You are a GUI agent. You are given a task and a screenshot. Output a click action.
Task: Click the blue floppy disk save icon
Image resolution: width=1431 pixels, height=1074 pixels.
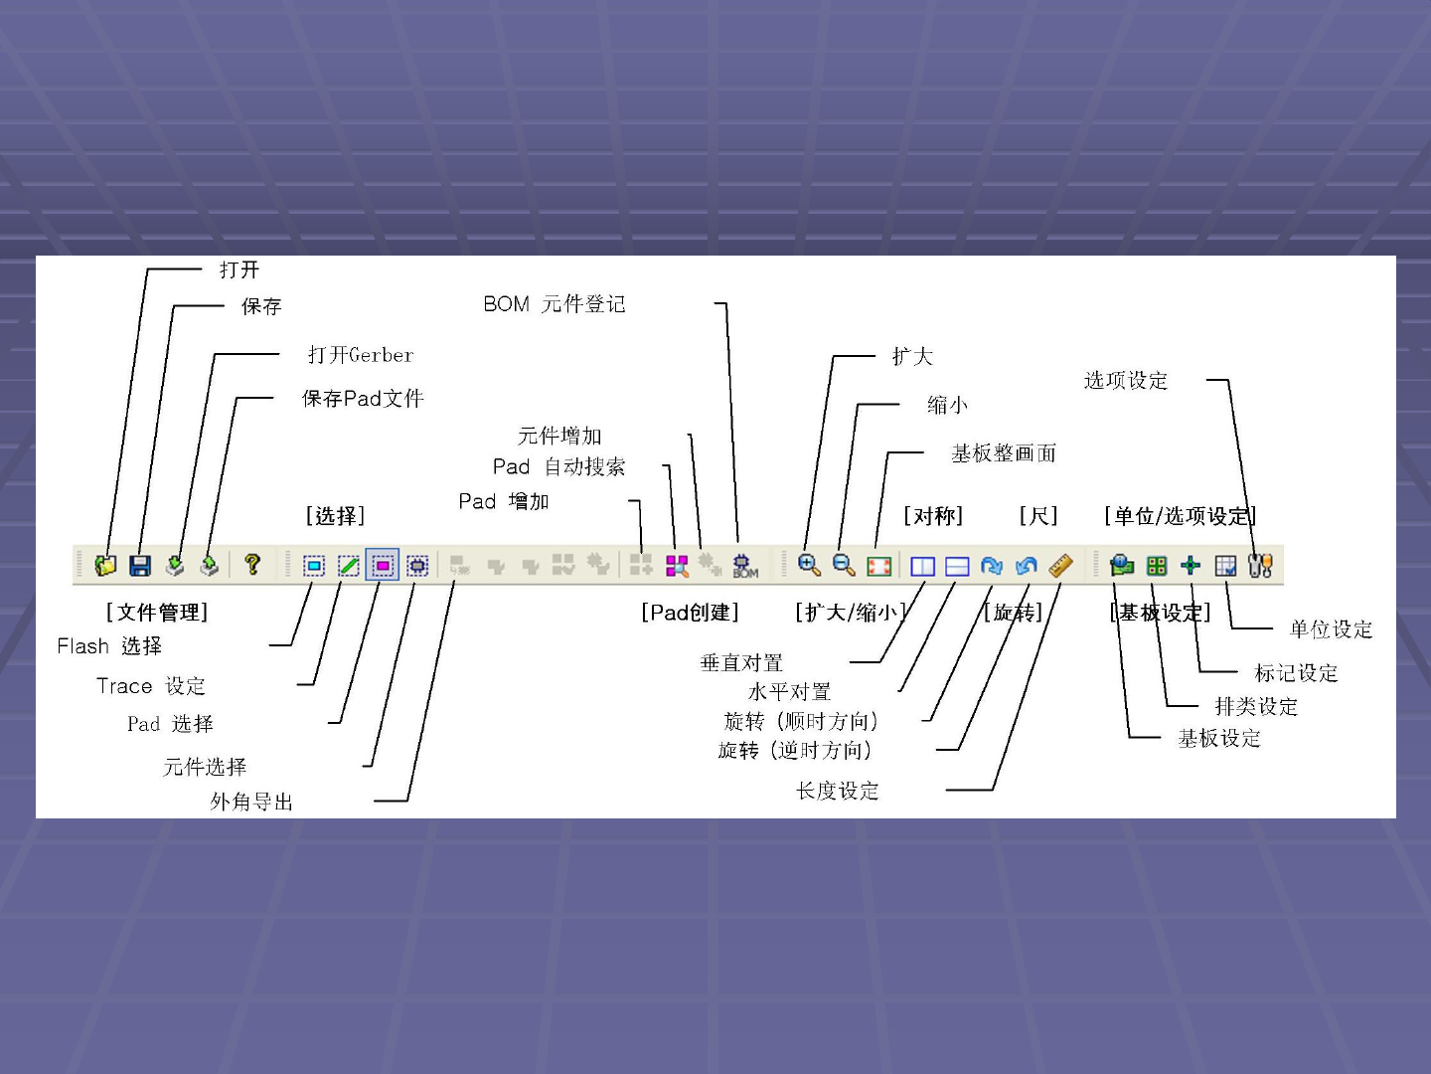[140, 565]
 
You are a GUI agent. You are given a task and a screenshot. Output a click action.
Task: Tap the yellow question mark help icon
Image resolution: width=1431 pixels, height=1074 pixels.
[252, 564]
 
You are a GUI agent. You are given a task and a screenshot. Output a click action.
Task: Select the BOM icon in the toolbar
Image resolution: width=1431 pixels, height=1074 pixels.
[744, 565]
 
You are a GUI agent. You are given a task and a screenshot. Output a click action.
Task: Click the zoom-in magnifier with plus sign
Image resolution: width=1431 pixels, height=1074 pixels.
[809, 565]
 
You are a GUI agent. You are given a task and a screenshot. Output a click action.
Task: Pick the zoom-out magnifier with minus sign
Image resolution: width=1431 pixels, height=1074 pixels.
[844, 565]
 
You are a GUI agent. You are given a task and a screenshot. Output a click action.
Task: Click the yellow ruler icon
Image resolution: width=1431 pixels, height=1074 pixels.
[1060, 565]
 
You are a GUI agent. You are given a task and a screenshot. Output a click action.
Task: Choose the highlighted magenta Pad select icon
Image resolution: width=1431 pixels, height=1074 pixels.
[383, 565]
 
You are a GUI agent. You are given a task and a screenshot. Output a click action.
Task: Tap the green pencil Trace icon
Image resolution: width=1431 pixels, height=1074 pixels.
[348, 565]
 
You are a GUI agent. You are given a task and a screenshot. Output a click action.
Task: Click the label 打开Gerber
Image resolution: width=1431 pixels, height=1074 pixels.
[360, 355]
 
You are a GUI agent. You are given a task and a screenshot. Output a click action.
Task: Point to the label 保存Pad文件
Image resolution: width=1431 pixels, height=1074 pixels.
[363, 399]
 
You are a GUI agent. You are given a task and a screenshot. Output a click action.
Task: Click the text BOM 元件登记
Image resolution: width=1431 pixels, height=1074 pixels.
[555, 304]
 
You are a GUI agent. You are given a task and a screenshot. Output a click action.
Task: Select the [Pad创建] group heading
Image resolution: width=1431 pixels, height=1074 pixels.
[690, 613]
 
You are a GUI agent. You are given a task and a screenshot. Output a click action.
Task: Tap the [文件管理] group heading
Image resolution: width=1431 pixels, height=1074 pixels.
[157, 613]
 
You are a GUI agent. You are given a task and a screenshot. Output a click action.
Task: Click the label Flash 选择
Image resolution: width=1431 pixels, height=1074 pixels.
[109, 646]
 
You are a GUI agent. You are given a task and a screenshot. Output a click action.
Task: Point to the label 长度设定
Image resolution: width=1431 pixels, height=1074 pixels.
[837, 791]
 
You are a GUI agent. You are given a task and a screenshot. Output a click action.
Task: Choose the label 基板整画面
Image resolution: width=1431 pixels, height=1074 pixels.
[1004, 453]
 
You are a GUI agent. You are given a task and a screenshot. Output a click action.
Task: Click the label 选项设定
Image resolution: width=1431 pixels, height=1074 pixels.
[1125, 381]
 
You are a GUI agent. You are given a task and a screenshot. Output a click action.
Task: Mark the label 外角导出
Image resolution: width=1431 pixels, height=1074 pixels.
[251, 802]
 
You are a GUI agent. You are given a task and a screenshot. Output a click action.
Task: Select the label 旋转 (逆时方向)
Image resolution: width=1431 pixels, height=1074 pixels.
[795, 750]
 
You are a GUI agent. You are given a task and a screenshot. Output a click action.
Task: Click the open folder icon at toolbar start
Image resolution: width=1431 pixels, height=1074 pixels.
[105, 565]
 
